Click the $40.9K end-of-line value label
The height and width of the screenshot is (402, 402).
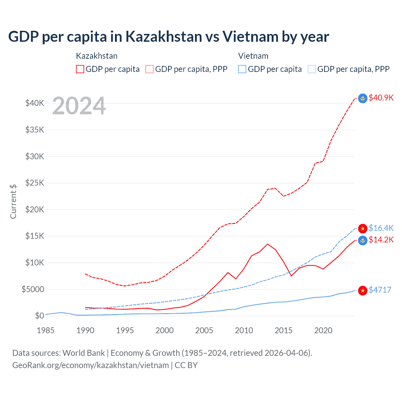click(x=381, y=98)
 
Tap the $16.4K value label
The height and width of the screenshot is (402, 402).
click(x=381, y=228)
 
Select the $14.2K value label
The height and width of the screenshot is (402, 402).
click(x=381, y=240)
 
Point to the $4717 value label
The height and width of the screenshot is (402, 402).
click(x=380, y=290)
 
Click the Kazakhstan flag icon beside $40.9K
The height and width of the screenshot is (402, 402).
click(x=363, y=98)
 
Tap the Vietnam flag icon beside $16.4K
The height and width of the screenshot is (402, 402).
click(x=363, y=228)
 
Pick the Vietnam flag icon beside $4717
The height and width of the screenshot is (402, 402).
click(x=363, y=291)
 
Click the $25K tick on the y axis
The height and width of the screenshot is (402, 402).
click(x=35, y=183)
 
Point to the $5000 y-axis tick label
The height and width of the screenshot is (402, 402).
click(x=33, y=289)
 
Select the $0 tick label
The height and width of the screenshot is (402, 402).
click(x=40, y=316)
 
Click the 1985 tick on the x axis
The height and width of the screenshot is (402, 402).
click(x=46, y=330)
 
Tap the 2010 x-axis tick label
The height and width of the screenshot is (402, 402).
click(x=244, y=330)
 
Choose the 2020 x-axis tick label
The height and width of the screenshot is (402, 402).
click(x=323, y=330)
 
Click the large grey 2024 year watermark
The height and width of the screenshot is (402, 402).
click(x=79, y=106)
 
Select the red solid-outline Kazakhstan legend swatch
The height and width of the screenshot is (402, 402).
click(x=80, y=69)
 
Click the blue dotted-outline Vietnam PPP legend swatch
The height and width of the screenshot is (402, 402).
click(x=312, y=69)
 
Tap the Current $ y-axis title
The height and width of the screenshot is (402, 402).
click(x=13, y=202)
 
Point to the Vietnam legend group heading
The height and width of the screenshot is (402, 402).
click(x=253, y=56)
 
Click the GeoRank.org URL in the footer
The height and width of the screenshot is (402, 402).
click(x=90, y=365)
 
